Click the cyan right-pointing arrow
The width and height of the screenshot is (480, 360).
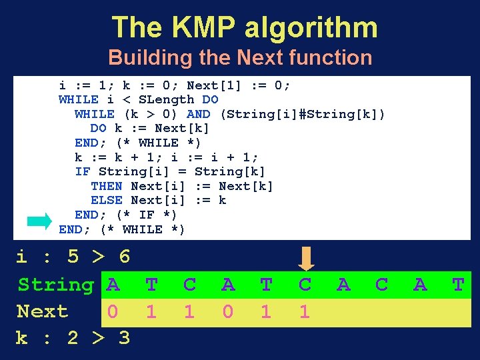(40, 220)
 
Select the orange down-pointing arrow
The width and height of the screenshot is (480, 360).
(305, 258)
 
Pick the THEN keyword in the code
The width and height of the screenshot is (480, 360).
(107, 186)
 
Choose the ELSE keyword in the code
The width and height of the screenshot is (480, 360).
(107, 200)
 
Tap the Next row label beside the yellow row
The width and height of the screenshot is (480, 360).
(43, 311)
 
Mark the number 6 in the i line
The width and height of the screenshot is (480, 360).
(124, 257)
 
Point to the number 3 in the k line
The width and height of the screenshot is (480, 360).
(124, 338)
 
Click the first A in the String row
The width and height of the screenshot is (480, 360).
(113, 285)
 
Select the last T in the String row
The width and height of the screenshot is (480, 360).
(458, 285)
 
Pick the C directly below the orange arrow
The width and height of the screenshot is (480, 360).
(305, 285)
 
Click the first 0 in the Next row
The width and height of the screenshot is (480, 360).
(113, 311)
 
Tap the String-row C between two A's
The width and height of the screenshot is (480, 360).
(381, 285)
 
